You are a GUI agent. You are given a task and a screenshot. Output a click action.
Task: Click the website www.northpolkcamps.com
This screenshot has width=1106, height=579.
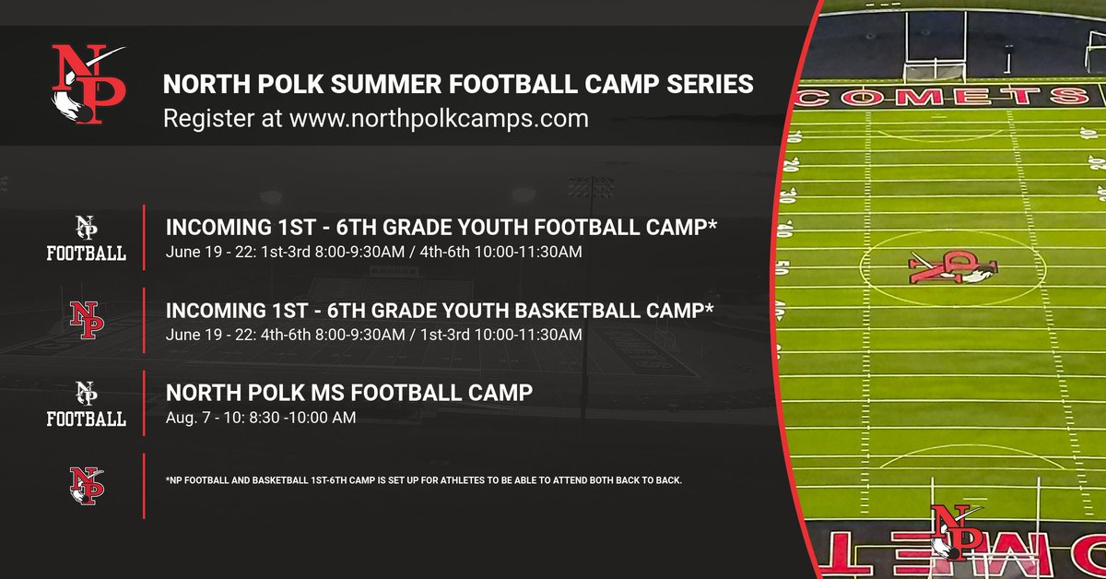click(x=439, y=118)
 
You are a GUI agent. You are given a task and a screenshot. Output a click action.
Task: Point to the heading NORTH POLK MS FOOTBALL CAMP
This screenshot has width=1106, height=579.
click(x=349, y=393)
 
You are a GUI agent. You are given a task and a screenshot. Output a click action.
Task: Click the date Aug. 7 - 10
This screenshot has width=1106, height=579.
click(x=199, y=418)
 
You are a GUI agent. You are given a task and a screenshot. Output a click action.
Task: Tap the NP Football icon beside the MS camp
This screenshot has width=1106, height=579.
click(x=87, y=404)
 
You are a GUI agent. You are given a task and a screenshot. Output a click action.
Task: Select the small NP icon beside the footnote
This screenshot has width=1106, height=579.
click(x=87, y=485)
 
